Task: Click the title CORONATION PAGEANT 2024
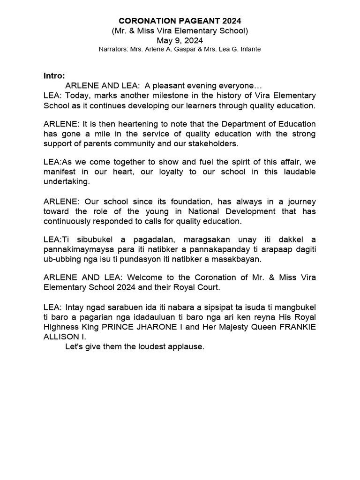pyautogui.click(x=180, y=21)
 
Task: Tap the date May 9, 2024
pyautogui.click(x=180, y=40)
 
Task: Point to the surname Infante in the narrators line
pyautogui.click(x=248, y=49)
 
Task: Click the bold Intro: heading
pyautogui.click(x=54, y=75)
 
